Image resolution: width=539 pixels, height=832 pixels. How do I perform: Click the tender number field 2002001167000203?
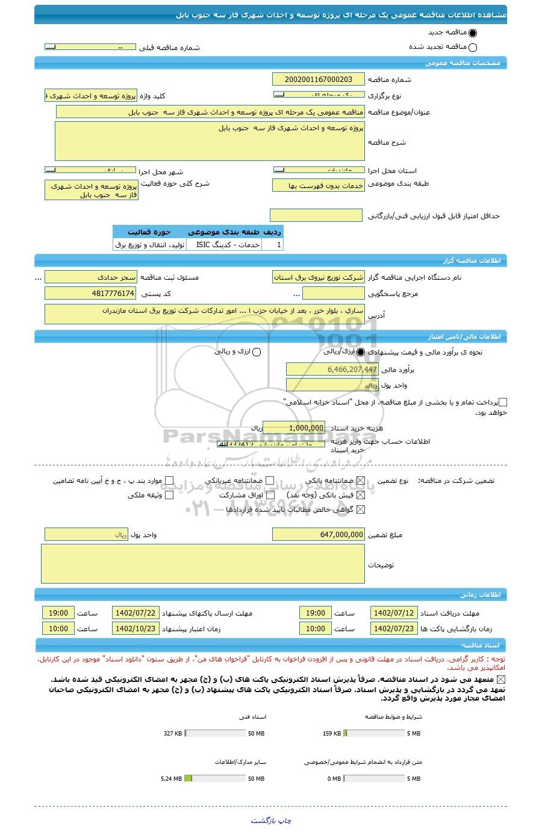318,80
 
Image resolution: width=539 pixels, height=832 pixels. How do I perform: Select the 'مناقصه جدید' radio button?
472,33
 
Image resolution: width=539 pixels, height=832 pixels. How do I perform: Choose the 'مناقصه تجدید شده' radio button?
472,48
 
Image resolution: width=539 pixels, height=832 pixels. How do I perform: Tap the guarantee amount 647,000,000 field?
318,534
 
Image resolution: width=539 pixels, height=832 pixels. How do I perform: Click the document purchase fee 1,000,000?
294,427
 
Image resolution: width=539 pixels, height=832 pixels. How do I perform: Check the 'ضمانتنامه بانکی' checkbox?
361,481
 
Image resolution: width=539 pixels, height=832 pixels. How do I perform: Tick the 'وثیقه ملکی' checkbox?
169,495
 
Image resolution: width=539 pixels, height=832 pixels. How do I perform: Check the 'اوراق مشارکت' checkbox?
269,495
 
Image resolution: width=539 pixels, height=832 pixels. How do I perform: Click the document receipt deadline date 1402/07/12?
393,613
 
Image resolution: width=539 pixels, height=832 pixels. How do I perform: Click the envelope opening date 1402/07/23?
393,628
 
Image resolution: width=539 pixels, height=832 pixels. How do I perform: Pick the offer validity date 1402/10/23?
136,628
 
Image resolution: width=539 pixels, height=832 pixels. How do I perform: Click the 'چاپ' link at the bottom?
284,821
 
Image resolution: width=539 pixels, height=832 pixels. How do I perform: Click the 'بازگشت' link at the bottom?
263,821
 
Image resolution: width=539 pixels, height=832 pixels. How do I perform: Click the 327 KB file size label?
173,734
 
